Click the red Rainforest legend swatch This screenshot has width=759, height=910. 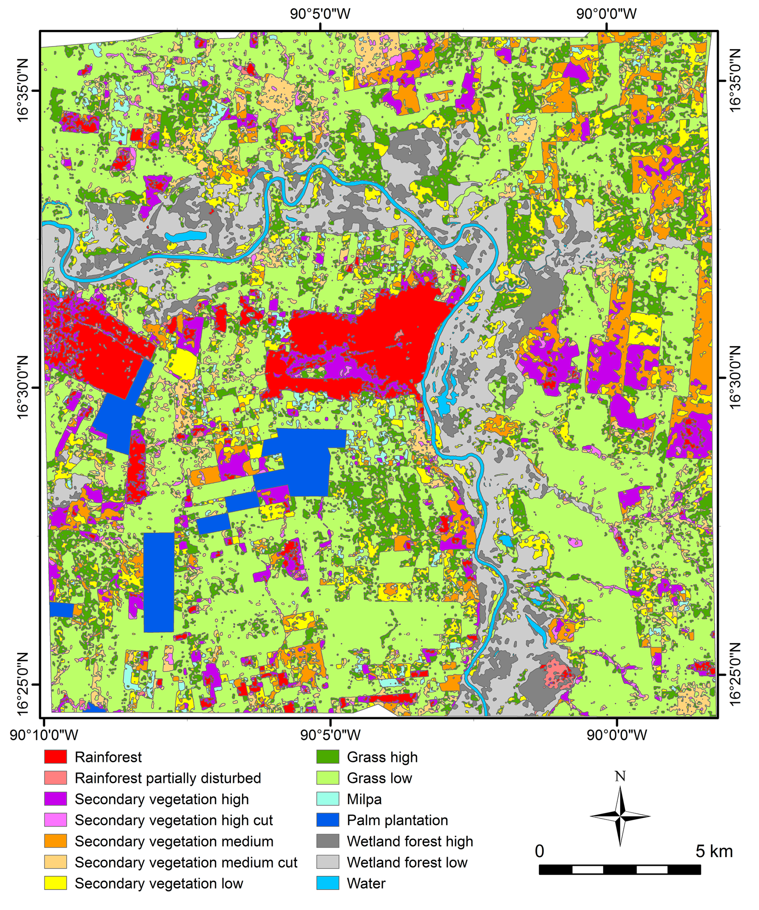click(56, 757)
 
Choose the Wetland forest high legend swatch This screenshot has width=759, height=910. click(328, 841)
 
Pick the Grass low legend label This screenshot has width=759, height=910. click(379, 778)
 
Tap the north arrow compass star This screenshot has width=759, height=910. click(620, 816)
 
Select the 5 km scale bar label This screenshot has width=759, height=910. click(714, 851)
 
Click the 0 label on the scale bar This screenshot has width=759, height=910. click(539, 851)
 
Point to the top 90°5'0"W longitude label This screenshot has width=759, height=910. click(320, 14)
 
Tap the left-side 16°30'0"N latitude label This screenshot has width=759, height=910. click(22, 387)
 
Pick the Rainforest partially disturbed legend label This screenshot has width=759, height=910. click(168, 778)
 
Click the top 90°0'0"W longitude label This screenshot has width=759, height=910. click(606, 14)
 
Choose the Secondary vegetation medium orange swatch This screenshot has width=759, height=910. click(56, 841)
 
